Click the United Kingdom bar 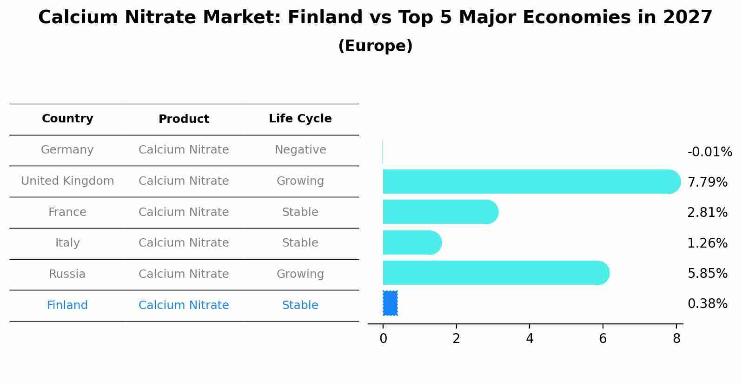(x=532, y=181)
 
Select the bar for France (x=441, y=212)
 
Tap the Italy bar (x=412, y=242)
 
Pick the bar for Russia (x=496, y=273)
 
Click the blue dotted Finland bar (x=390, y=303)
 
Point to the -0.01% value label (x=710, y=152)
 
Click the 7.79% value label (x=708, y=182)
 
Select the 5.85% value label (x=708, y=273)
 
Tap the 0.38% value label (x=708, y=303)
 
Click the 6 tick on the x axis (x=603, y=339)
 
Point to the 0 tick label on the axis (x=383, y=339)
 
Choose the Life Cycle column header (x=300, y=118)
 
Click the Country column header (x=67, y=118)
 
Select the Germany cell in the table (x=67, y=150)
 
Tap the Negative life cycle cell (x=300, y=150)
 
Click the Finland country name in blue (x=67, y=305)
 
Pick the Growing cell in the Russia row (x=300, y=274)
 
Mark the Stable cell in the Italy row (x=300, y=243)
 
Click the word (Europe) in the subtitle (x=375, y=46)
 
